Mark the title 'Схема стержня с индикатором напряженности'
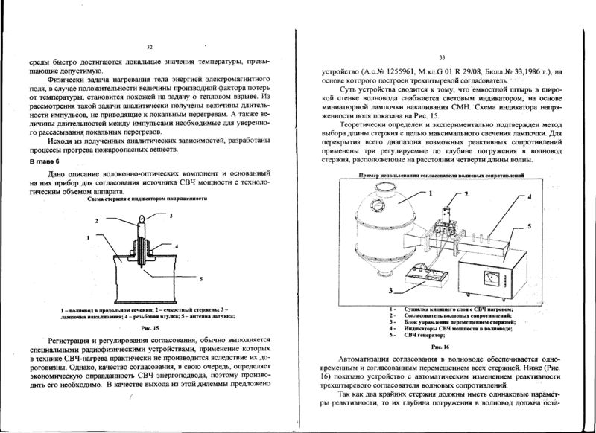pyautogui.click(x=146, y=200)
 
